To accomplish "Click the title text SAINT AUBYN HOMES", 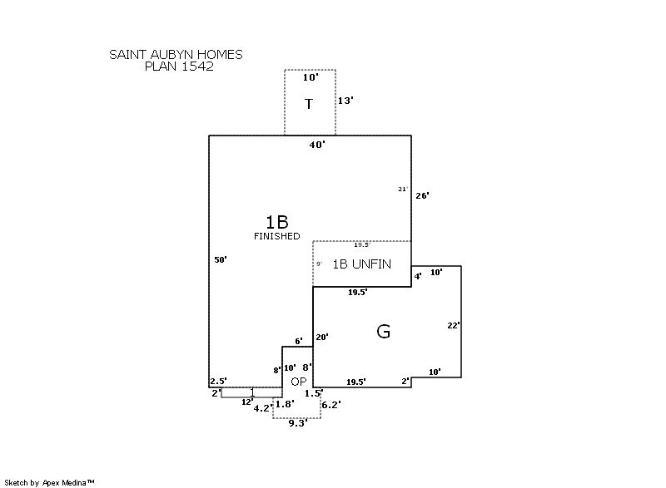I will (176, 55).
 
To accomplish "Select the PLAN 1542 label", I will (179, 67).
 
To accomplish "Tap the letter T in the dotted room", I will (309, 104).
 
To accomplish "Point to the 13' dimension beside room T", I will (345, 101).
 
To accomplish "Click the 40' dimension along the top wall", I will (317, 145).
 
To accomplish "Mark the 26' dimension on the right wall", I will (422, 195).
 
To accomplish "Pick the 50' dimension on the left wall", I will (221, 260).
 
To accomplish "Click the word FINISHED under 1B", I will (276, 236).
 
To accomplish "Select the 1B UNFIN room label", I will (362, 264).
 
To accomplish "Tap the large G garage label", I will (384, 332).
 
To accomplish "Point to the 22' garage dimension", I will (453, 326).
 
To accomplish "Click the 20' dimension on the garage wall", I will (322, 337).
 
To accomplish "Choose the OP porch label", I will (299, 382).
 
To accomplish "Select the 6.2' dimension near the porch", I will (331, 404).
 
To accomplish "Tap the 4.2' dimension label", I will (262, 408).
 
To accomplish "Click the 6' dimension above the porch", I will (299, 342).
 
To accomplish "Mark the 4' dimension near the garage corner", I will (418, 275).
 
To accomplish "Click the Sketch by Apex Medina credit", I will (49, 482).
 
